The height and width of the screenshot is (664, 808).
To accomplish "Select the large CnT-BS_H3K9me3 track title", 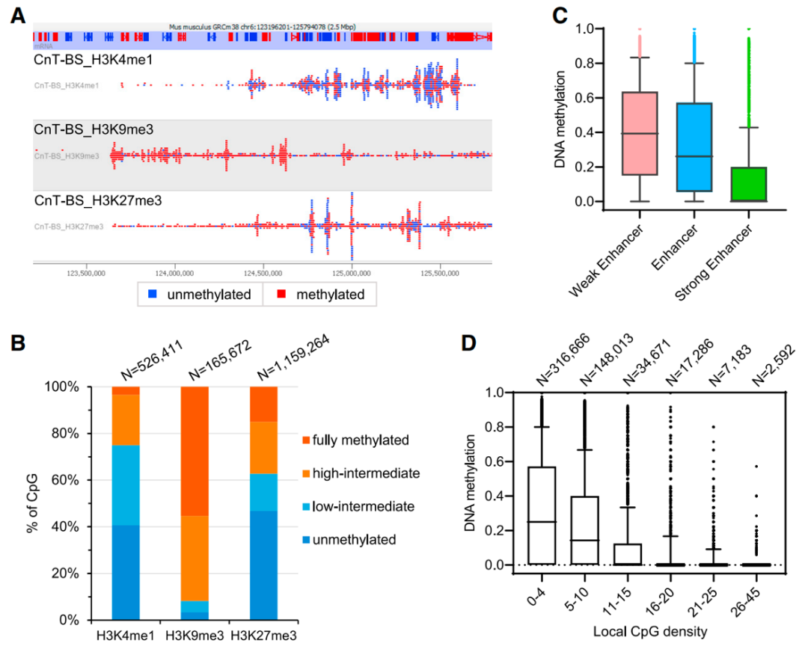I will [94, 129].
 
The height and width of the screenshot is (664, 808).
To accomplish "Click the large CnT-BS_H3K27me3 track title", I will [98, 200].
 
